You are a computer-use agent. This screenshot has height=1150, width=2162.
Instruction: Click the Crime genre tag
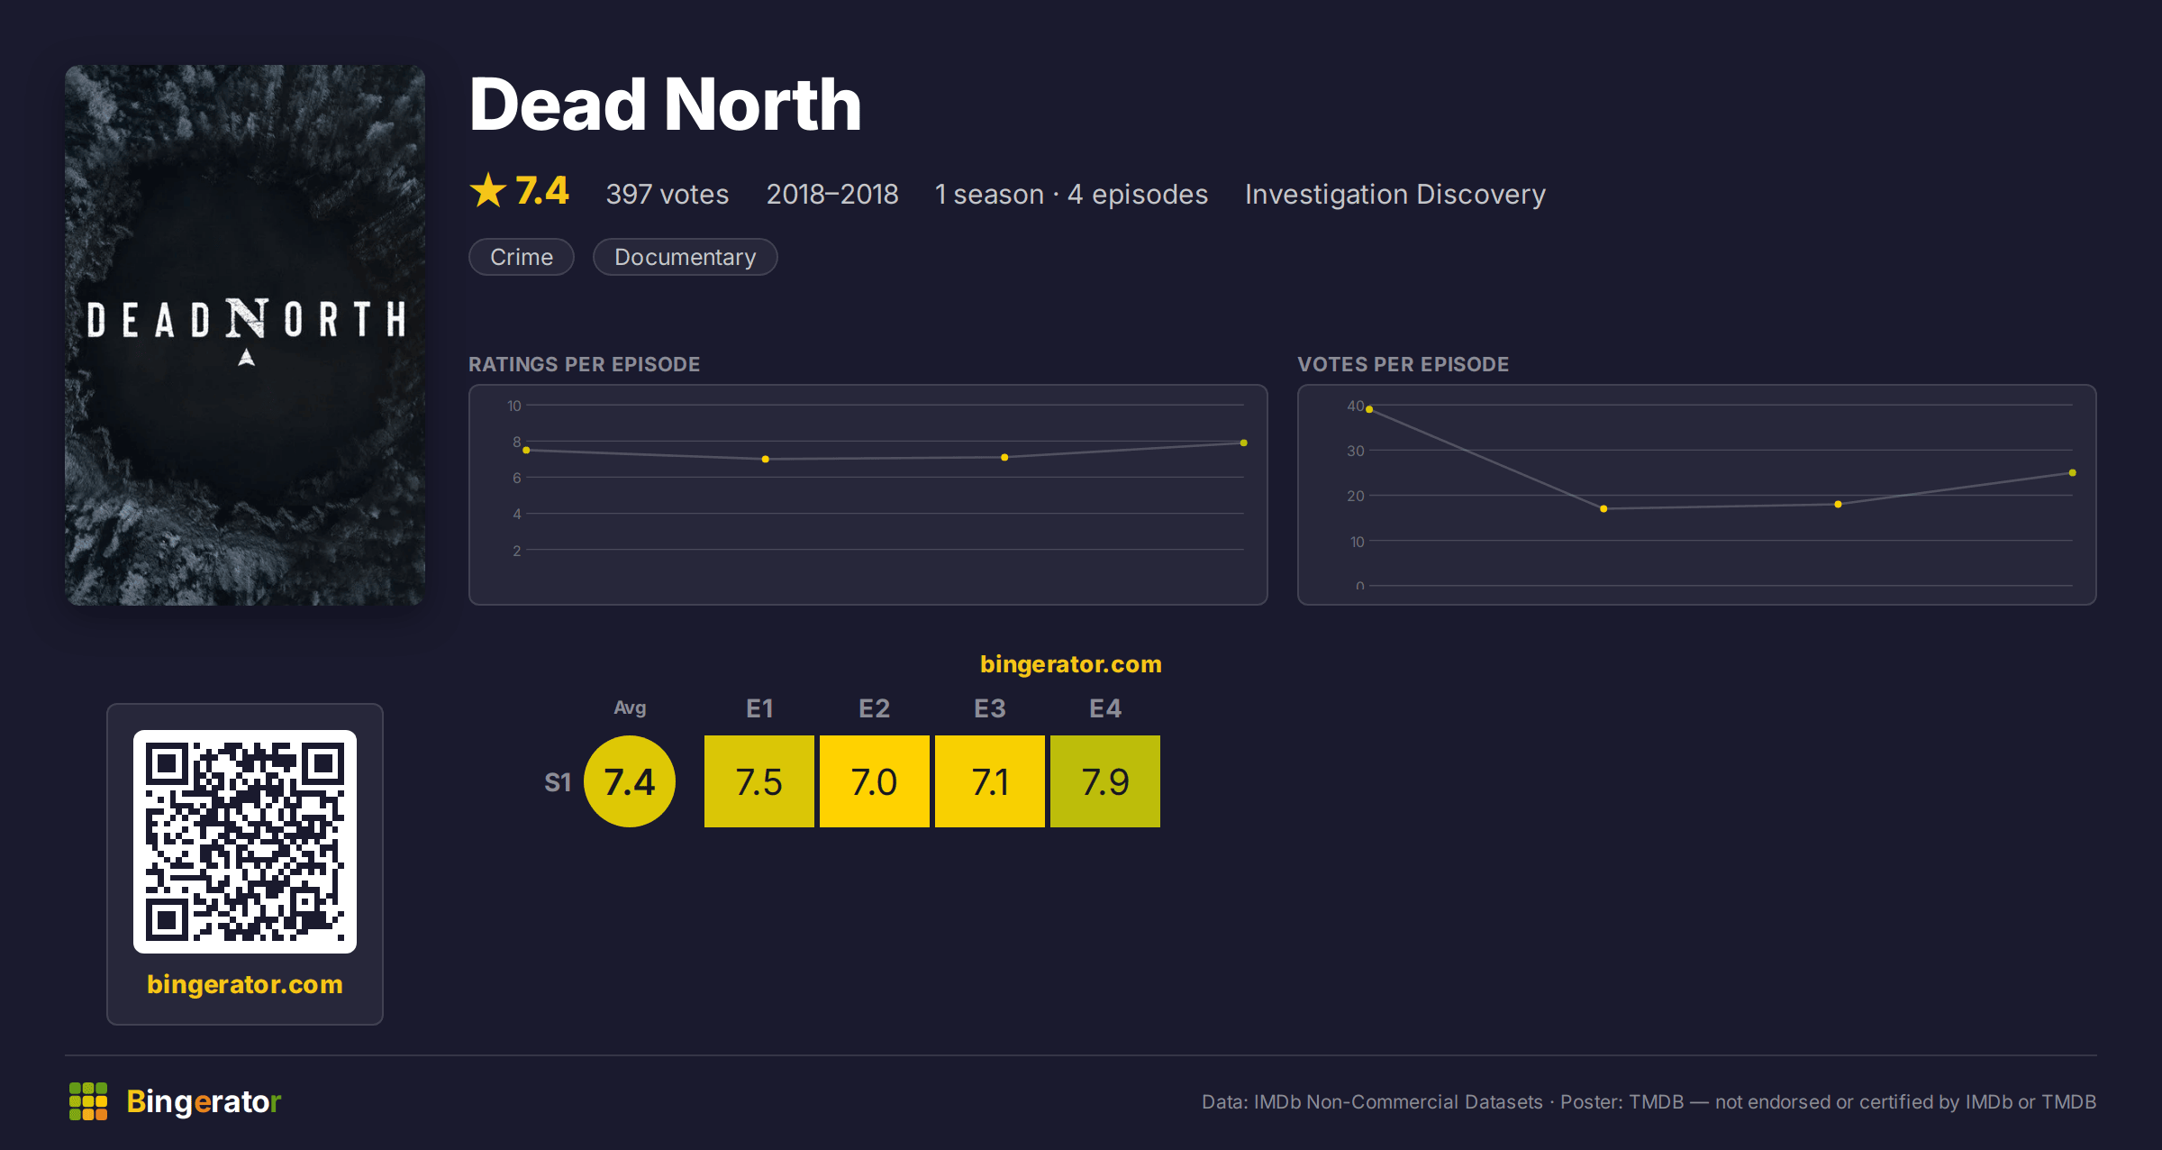[x=522, y=257]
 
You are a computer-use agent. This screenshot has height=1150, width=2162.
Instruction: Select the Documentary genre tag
[x=685, y=257]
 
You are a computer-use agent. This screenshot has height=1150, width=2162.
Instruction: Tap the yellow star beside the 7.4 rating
[x=488, y=190]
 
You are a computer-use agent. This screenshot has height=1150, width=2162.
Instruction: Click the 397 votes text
[x=668, y=194]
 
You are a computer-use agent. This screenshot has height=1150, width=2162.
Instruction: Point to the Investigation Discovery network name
[x=1395, y=194]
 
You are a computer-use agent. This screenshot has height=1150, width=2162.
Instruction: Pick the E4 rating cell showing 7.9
[x=1105, y=781]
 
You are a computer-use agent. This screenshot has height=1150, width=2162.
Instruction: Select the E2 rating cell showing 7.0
[x=875, y=781]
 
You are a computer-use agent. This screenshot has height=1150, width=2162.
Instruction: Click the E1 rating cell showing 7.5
[x=759, y=781]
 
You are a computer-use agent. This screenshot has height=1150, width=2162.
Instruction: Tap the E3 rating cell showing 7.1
[x=990, y=781]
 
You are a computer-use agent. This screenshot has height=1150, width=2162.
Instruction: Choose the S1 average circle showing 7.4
[x=630, y=781]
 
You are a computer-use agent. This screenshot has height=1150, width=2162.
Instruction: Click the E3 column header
[x=990, y=708]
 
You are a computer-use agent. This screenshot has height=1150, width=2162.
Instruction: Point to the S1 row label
[x=558, y=782]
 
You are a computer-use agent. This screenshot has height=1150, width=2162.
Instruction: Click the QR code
[x=245, y=842]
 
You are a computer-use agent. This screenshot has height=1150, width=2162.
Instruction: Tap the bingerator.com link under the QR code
[x=245, y=984]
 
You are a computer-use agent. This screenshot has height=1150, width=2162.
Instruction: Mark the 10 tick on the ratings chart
[x=513, y=406]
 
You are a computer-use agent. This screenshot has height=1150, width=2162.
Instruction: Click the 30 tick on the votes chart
[x=1356, y=451]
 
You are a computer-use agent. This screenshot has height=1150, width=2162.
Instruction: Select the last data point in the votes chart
[x=2073, y=473]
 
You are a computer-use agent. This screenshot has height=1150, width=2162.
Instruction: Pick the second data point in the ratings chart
[x=766, y=460]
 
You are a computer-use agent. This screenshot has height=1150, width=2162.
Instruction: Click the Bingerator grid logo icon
[x=88, y=1101]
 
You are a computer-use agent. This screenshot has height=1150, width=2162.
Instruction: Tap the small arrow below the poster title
[x=246, y=358]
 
